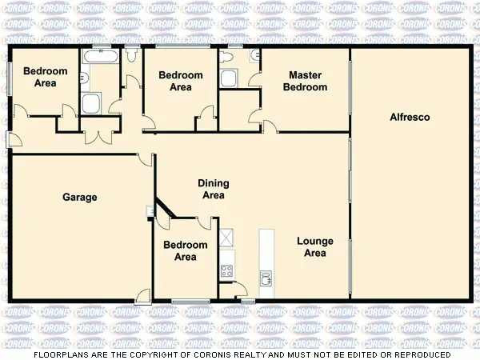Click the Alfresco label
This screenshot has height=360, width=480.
click(410, 118)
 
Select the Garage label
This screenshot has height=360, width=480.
click(80, 197)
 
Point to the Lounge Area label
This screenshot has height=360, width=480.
click(314, 247)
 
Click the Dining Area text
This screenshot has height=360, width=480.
click(212, 189)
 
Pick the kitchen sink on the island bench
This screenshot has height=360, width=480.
click(266, 277)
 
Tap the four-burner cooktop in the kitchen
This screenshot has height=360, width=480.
click(226, 270)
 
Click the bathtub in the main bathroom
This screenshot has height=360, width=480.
click(101, 58)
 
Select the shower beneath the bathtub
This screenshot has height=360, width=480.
click(90, 103)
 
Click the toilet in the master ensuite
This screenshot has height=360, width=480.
click(254, 56)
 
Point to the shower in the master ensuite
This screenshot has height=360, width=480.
click(229, 78)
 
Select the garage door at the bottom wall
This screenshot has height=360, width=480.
click(142, 296)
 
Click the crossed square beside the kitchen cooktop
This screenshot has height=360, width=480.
click(226, 237)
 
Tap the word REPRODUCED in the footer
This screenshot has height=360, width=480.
click(414, 354)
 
